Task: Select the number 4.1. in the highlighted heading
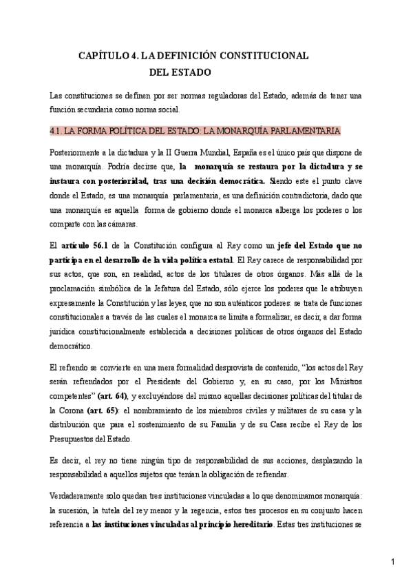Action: tap(59, 130)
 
